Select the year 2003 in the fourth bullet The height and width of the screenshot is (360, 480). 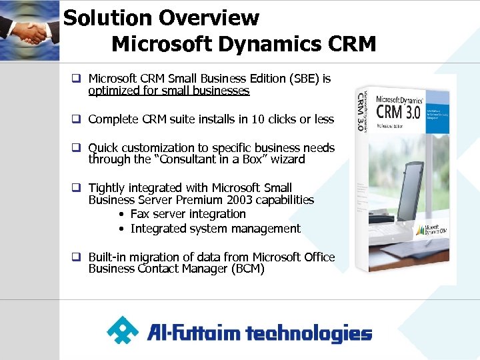coord(239,200)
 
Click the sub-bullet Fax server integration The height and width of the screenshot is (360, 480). coord(188,214)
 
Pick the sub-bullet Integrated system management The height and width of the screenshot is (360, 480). coord(215,229)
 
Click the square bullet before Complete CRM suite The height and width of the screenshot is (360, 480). coord(77,120)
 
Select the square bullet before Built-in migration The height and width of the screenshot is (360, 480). coord(77,257)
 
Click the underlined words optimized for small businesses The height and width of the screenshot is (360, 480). coord(169,91)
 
